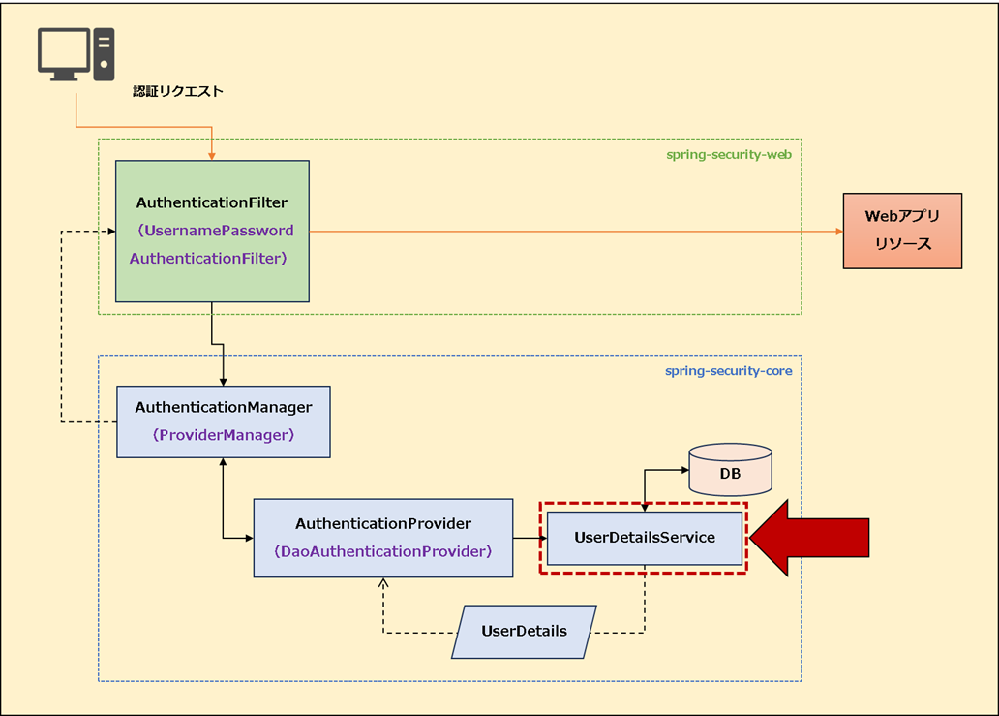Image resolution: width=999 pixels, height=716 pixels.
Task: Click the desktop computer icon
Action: [x=76, y=53]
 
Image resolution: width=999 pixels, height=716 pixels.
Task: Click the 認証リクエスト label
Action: [x=178, y=92]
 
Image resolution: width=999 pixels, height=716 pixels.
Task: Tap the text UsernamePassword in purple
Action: [x=215, y=231]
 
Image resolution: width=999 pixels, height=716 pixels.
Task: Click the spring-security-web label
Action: [x=728, y=155]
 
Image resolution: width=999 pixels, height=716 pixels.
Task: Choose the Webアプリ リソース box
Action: [x=901, y=231]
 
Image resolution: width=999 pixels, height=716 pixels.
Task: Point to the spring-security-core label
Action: [x=728, y=371]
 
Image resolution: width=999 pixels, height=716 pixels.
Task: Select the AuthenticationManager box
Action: [x=223, y=421]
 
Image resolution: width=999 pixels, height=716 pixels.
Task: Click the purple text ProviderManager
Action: [x=223, y=435]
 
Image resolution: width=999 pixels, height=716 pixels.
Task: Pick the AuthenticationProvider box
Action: [x=382, y=538]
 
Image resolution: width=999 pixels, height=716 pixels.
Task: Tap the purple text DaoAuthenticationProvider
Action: [x=382, y=551]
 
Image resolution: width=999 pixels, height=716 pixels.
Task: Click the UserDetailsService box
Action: [x=644, y=538]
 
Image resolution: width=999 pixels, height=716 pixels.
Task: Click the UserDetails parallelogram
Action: [x=524, y=632]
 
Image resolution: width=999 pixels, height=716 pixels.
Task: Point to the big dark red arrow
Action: [x=809, y=539]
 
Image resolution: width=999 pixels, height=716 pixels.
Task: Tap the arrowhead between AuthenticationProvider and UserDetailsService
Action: [x=541, y=538]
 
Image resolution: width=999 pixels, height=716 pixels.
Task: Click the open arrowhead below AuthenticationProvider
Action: [x=383, y=583]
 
